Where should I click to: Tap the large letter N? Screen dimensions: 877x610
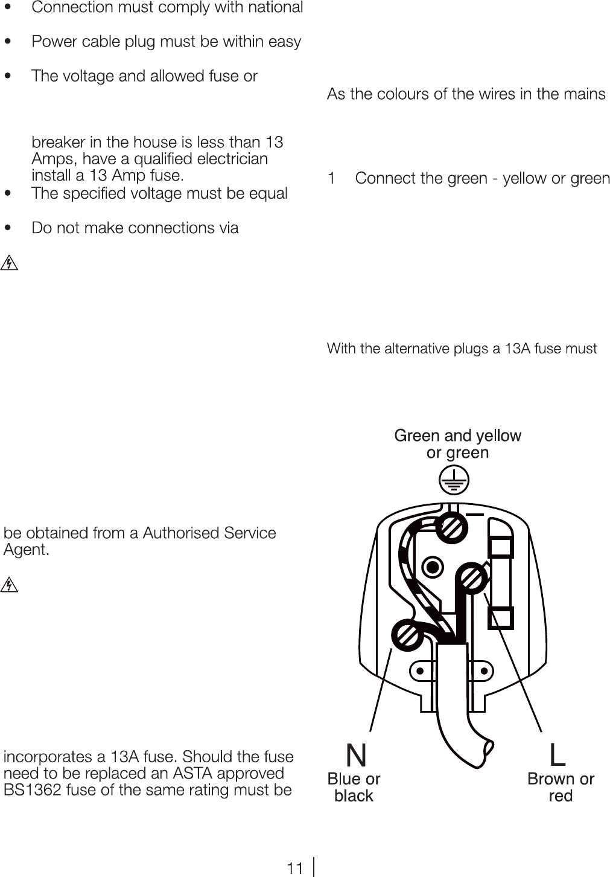click(356, 755)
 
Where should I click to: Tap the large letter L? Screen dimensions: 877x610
click(558, 755)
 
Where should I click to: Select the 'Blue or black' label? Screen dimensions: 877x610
click(354, 788)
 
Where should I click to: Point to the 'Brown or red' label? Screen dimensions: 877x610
click(561, 788)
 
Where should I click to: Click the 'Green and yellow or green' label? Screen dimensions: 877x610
click(457, 444)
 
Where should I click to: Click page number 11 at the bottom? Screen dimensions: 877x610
click(294, 869)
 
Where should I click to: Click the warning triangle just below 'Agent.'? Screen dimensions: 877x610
click(10, 585)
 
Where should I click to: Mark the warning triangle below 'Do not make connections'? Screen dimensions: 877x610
click(10, 263)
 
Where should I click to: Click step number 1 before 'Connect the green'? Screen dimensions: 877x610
click(331, 179)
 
